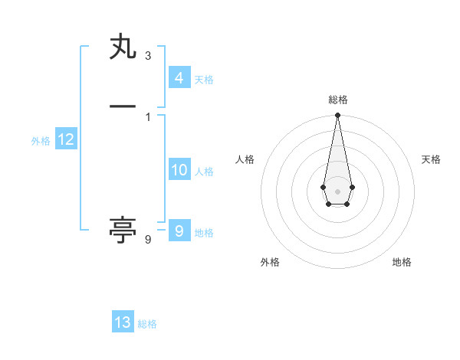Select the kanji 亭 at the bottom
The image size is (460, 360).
(123, 230)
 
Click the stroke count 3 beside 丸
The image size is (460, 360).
(148, 56)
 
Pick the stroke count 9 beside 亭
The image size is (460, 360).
(148, 240)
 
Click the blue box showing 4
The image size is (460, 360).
(179, 77)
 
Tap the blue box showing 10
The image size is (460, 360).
(179, 170)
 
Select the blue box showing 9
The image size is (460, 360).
(179, 231)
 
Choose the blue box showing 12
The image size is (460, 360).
(65, 139)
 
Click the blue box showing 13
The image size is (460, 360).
(123, 322)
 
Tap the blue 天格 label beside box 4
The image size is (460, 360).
(204, 80)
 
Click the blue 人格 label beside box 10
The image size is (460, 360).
(204, 172)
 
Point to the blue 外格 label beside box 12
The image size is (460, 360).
(41, 141)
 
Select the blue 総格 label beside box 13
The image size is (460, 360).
(147, 325)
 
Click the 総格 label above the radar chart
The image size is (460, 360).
(338, 100)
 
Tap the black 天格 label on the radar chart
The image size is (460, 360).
(431, 159)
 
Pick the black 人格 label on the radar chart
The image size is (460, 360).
(245, 159)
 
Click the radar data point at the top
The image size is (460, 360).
(337, 116)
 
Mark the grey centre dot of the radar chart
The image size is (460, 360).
(337, 191)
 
